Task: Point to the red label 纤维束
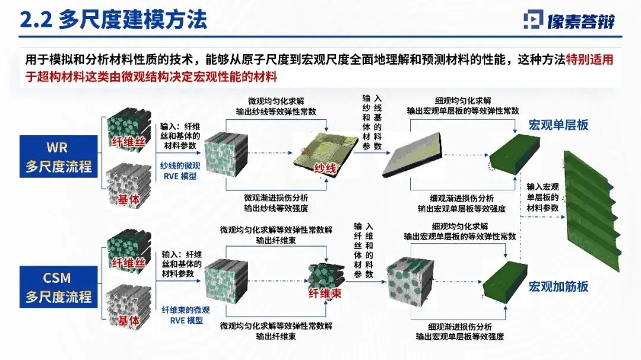[325, 293]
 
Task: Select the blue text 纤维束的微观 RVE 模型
[182, 315]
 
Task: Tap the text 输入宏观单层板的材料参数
[542, 197]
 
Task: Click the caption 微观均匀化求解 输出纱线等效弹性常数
[276, 105]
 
